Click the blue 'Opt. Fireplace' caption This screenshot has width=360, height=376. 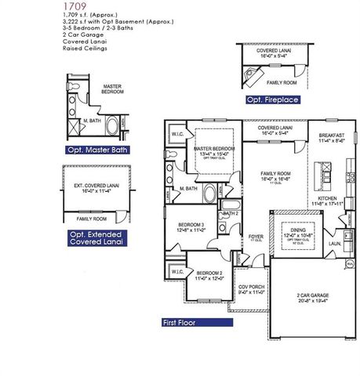[x=271, y=100]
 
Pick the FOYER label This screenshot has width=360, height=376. [x=256, y=235]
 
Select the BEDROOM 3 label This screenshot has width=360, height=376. [x=191, y=223]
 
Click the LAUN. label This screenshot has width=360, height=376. [x=333, y=243]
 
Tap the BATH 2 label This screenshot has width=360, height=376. [x=231, y=213]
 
